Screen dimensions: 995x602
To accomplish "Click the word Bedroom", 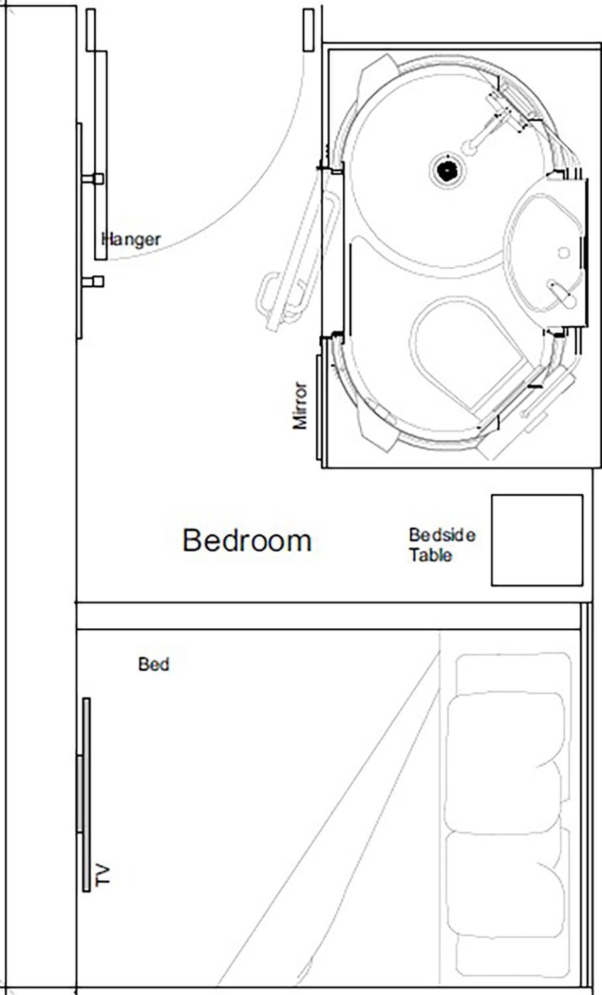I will coord(247,541).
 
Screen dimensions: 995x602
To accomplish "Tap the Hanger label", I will coord(131,239).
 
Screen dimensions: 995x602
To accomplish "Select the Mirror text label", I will coord(300,405).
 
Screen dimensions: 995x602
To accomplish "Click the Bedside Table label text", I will coord(441,545).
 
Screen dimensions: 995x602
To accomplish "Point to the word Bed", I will coord(153,664).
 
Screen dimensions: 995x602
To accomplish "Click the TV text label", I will coord(102,875).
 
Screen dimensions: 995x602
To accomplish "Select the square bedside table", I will coord(536,540).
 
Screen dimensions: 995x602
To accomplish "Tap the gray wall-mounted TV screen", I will coord(86,794).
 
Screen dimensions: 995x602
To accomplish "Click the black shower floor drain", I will coord(447,170).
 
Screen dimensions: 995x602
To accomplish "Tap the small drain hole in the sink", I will coord(564,252).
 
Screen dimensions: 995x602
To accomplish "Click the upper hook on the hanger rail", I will coord(93,179).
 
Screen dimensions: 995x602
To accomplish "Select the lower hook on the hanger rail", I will coord(93,282).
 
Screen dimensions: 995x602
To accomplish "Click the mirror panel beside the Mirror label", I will coord(319,407).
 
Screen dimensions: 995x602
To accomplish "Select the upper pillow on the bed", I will coord(504,730).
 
